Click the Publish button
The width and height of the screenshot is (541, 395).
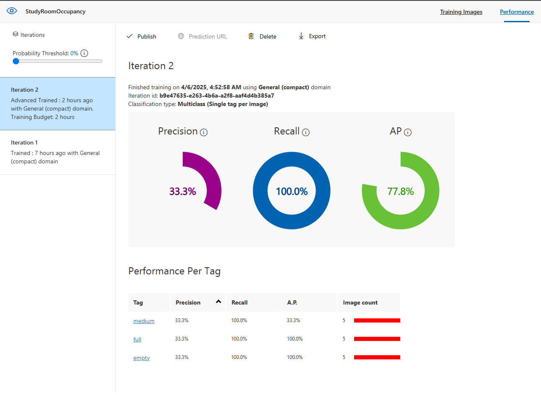tap(142, 36)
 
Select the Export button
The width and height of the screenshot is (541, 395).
tap(312, 36)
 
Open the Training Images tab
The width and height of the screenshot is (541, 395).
tap(461, 12)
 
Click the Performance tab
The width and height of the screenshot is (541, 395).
tap(517, 12)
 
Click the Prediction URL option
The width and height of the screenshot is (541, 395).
tap(202, 36)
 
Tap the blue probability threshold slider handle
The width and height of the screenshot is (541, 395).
tap(16, 61)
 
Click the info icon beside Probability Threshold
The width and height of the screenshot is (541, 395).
tap(84, 53)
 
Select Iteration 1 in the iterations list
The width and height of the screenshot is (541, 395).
tap(57, 152)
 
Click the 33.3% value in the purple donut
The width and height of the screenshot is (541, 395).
tap(183, 191)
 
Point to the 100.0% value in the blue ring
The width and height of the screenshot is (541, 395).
tap(292, 191)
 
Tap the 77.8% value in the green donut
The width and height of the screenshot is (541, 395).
tap(401, 191)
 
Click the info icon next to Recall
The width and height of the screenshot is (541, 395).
tap(306, 132)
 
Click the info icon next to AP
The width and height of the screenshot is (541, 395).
tap(408, 132)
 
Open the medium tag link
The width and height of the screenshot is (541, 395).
tap(144, 321)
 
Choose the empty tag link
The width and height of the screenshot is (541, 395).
tap(141, 358)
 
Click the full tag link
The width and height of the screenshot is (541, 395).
tap(137, 339)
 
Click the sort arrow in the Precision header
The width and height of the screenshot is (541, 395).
tap(218, 302)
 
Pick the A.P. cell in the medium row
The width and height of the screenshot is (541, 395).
tap(293, 320)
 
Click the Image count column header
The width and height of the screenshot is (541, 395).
tap(360, 302)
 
